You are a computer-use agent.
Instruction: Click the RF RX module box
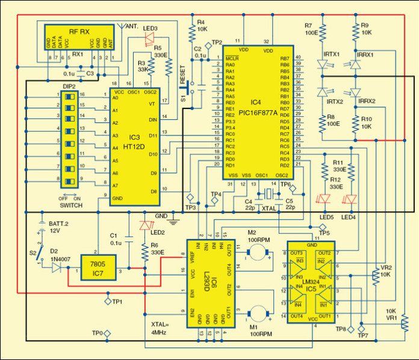click(80, 39)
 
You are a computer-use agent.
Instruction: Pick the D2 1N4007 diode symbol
click(57, 267)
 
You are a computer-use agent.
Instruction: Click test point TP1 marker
click(107, 300)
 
